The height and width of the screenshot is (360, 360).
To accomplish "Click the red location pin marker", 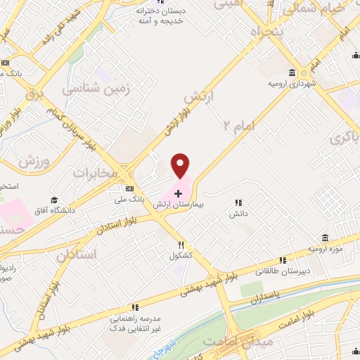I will pyautogui.click(x=181, y=166).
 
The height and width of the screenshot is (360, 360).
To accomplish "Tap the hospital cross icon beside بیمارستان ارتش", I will pyautogui.click(x=179, y=193).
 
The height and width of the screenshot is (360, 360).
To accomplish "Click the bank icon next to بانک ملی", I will pyautogui.click(x=130, y=188).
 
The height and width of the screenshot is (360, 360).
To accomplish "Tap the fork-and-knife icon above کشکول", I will pyautogui.click(x=181, y=245).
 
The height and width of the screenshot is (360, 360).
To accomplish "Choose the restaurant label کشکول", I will pyautogui.click(x=181, y=255).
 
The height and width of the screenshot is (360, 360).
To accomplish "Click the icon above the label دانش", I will pyautogui.click(x=238, y=202).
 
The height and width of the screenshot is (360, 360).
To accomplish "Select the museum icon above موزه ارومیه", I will pyautogui.click(x=324, y=238).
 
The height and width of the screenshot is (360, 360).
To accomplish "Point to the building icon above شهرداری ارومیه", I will pyautogui.click(x=291, y=73).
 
